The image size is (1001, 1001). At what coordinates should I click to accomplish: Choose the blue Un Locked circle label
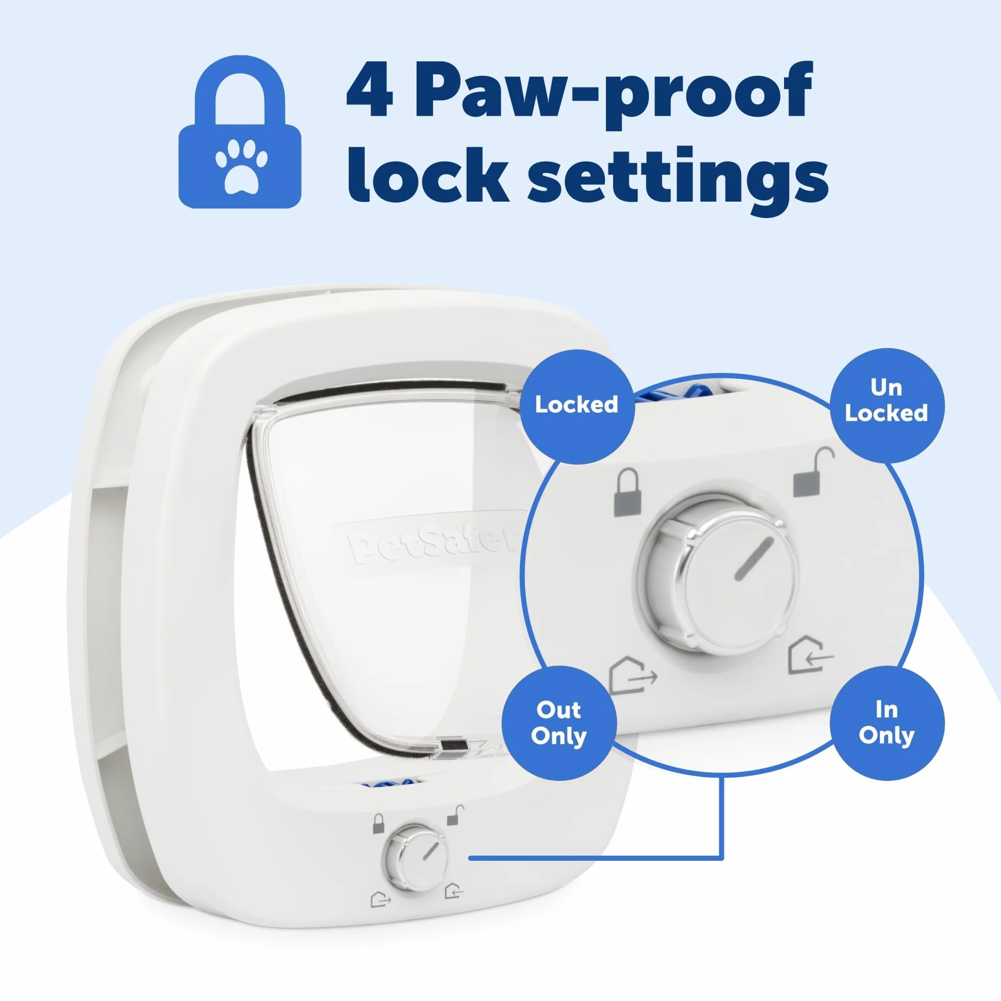886,405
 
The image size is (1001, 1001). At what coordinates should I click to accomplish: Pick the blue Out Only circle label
559,723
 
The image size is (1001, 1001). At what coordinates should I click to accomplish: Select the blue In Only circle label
886,723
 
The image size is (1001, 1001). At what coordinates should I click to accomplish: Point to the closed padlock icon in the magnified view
627,492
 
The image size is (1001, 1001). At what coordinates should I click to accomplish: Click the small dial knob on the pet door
415,858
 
